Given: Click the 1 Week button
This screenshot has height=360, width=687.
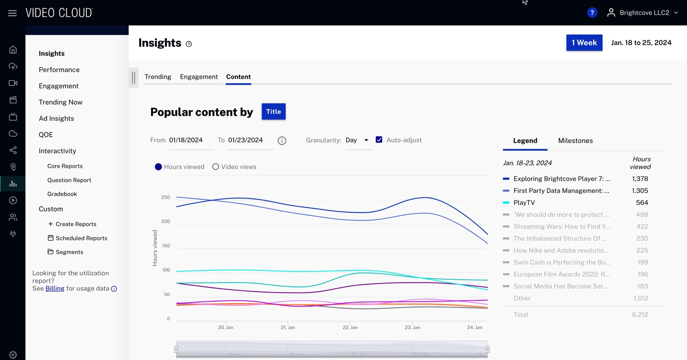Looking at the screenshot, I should tap(584, 43).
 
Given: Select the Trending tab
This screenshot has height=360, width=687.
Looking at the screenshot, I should tap(158, 76).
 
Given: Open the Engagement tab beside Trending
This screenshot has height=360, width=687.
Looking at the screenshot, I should tap(199, 76).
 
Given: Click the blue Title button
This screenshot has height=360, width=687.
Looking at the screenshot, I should tap(273, 111).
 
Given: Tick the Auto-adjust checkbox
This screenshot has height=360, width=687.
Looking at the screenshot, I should tap(379, 140).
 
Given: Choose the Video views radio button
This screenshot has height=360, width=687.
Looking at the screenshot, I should tap(216, 167).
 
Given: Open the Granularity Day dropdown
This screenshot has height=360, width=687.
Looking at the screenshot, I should tap(357, 140).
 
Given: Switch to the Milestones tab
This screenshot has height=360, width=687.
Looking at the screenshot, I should tap(575, 141).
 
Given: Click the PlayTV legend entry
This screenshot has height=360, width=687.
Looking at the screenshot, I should tap(524, 203).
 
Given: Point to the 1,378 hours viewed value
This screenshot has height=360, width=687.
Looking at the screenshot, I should tap(640, 179).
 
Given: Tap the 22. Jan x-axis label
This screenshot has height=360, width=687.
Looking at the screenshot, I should tap(350, 327).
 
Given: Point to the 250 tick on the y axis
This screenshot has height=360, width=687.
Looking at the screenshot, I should tap(165, 197).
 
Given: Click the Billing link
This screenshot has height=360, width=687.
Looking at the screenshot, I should tap(55, 288).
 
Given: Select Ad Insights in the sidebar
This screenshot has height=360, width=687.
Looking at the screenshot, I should tap(56, 119).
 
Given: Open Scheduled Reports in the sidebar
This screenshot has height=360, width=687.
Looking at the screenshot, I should tap(81, 238).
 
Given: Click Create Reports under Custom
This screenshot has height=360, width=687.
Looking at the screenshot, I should tap(76, 224).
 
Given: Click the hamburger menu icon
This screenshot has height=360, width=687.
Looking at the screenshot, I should tap(12, 13).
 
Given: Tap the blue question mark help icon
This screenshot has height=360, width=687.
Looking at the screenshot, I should tap(592, 13).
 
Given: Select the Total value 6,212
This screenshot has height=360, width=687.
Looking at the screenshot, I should tap(640, 315).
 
